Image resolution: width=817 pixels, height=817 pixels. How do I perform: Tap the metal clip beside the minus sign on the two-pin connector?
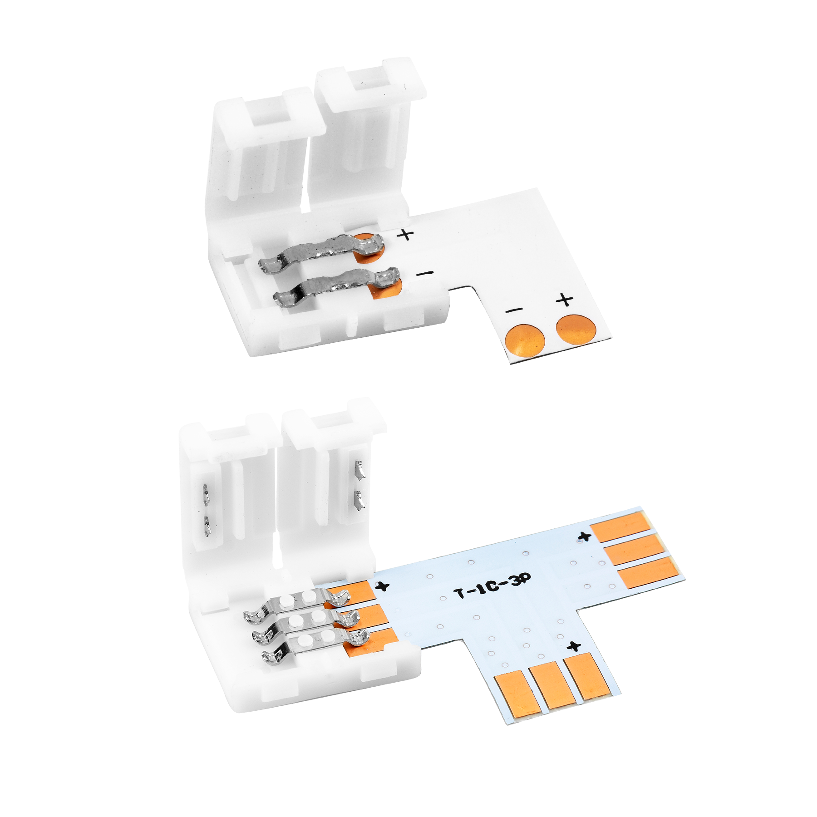tap(336, 286)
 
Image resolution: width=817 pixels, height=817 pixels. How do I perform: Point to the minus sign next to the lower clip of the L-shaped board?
tap(425, 273)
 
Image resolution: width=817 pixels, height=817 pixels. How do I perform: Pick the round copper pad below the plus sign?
tap(576, 330)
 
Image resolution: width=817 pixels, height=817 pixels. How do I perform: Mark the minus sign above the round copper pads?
tap(515, 310)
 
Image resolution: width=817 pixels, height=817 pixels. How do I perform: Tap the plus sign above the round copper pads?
tap(564, 300)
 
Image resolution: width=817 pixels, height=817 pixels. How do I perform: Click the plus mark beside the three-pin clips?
tap(384, 586)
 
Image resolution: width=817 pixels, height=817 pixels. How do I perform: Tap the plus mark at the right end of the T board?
tap(584, 536)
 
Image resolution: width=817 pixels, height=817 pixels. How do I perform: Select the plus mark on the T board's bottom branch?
tap(575, 645)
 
